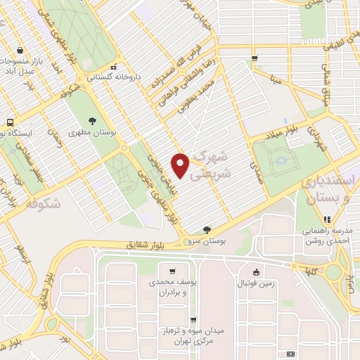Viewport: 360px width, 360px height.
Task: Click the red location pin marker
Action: [x=181, y=165]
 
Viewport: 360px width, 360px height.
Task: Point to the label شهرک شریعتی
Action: [x=210, y=162]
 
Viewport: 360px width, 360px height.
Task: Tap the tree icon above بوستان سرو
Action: [x=207, y=229]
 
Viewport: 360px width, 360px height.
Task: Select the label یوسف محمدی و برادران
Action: [x=173, y=286]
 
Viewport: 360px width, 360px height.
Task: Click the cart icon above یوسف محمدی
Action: [x=173, y=271]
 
